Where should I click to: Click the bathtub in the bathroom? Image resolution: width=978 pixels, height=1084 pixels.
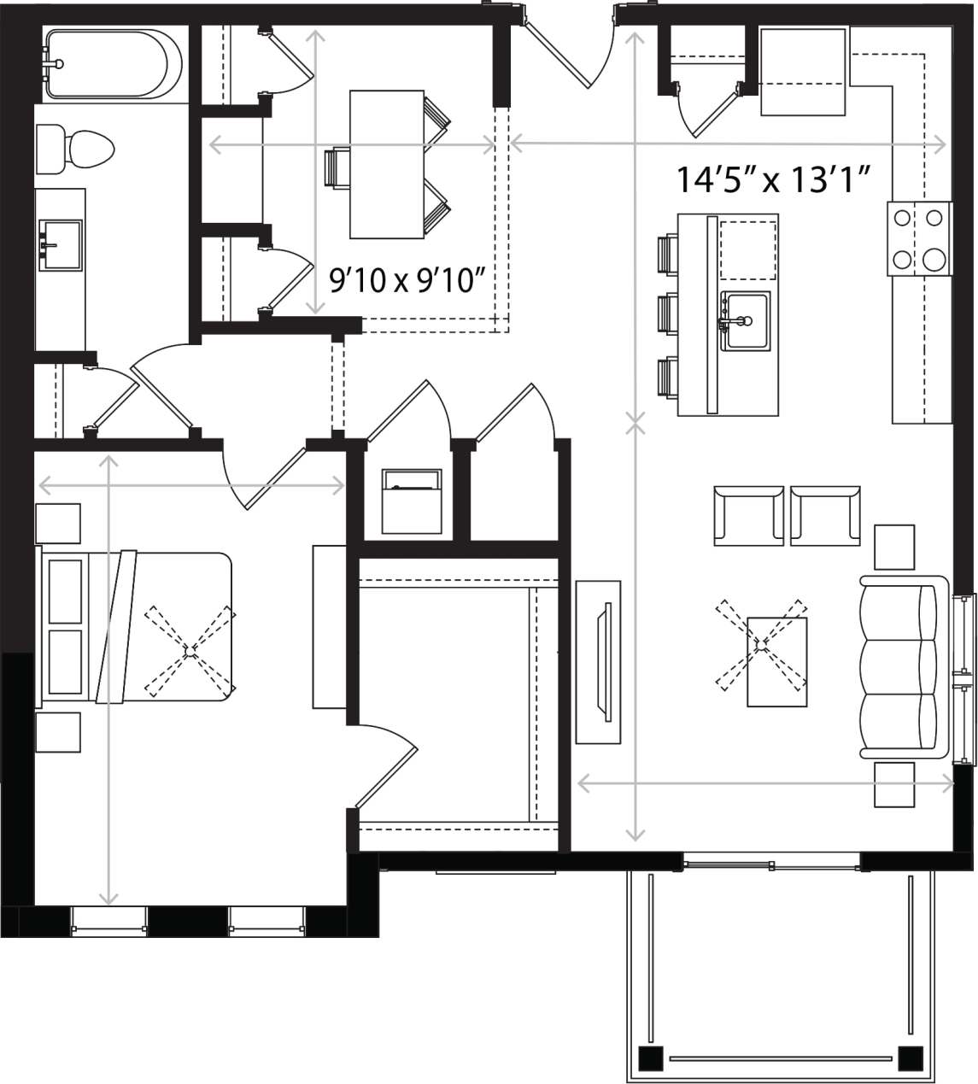pos(113,64)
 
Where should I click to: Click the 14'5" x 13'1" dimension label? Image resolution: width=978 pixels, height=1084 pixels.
pos(773,180)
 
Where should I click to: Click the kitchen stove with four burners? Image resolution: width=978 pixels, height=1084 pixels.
pos(919,238)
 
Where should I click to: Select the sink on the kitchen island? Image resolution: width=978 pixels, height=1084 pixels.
pos(745,320)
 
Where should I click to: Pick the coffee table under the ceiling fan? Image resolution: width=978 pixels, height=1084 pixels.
pos(776,661)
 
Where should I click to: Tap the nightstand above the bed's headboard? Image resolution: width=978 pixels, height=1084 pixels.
pos(58,524)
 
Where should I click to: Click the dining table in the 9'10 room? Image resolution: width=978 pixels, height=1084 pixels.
pos(387,164)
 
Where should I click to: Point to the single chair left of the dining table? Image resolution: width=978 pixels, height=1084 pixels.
pos(337,167)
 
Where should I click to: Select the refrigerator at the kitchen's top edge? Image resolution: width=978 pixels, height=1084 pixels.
pos(803,72)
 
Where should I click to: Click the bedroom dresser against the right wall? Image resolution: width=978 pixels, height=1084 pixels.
pos(329,627)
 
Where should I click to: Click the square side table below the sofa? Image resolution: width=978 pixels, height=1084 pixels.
pos(894,784)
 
